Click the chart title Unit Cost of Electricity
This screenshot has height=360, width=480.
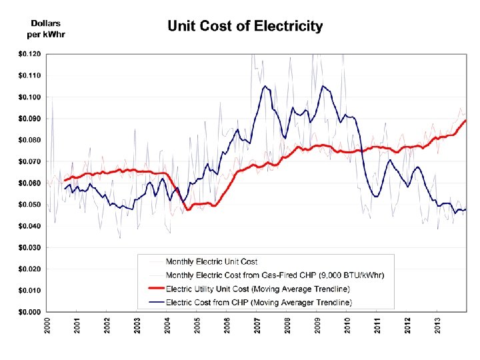point(245,27)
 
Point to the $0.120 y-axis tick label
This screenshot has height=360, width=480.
point(29,53)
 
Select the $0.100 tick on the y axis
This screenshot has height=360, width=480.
point(29,97)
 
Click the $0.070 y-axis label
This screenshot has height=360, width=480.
point(29,161)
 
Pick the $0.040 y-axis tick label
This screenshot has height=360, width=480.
point(29,226)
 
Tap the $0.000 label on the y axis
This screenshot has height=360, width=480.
point(29,312)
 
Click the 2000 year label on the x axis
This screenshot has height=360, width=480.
point(47,326)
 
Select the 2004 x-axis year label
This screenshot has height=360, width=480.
point(168,326)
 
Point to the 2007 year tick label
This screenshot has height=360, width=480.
point(258,326)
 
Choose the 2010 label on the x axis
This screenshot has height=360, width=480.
point(348,326)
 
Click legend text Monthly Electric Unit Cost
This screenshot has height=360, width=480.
point(211,262)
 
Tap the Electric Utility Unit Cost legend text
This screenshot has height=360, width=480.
point(257,289)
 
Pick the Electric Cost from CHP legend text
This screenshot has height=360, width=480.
point(259,302)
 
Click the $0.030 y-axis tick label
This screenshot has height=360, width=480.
point(29,247)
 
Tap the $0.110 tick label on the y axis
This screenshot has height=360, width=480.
point(29,75)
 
